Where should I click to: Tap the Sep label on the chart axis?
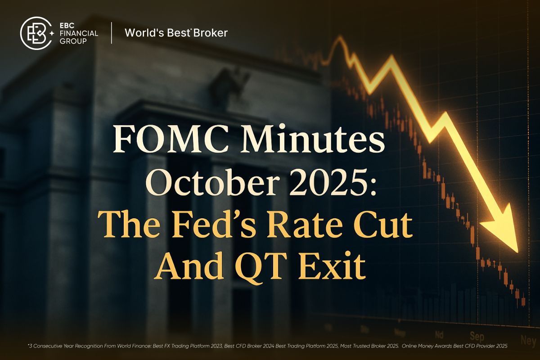point(477,335)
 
